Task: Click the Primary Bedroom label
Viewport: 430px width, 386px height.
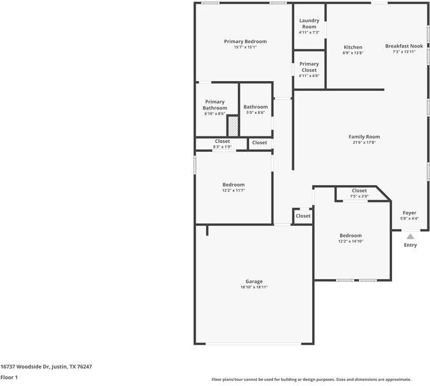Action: coord(245,41)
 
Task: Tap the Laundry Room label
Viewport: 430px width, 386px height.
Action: coord(309,23)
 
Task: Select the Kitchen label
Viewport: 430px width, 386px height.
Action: coord(353,47)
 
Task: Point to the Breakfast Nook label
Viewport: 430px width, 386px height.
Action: coord(404,46)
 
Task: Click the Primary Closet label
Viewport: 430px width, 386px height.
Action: coord(309,67)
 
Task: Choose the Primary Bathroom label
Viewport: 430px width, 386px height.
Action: coord(214,105)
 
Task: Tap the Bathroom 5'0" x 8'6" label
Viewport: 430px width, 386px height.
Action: coord(256,107)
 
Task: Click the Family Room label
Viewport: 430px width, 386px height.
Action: coord(364,136)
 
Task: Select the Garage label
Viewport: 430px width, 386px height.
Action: coord(254,281)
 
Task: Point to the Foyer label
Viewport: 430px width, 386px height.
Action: coord(409,212)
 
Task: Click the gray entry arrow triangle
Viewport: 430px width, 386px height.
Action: coord(410,237)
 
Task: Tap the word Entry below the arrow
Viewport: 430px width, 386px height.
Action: coord(410,245)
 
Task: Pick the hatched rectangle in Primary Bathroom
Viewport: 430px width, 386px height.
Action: coord(233,125)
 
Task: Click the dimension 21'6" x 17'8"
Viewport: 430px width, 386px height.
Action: coord(364,143)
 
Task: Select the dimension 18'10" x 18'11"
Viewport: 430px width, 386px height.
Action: coord(254,287)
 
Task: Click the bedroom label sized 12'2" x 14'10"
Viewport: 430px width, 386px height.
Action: coord(351,235)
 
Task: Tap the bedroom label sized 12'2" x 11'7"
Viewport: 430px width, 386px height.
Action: coord(234,185)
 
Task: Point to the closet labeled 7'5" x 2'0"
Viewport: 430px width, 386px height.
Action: coord(359,190)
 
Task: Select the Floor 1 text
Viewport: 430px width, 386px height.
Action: coord(9,377)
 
